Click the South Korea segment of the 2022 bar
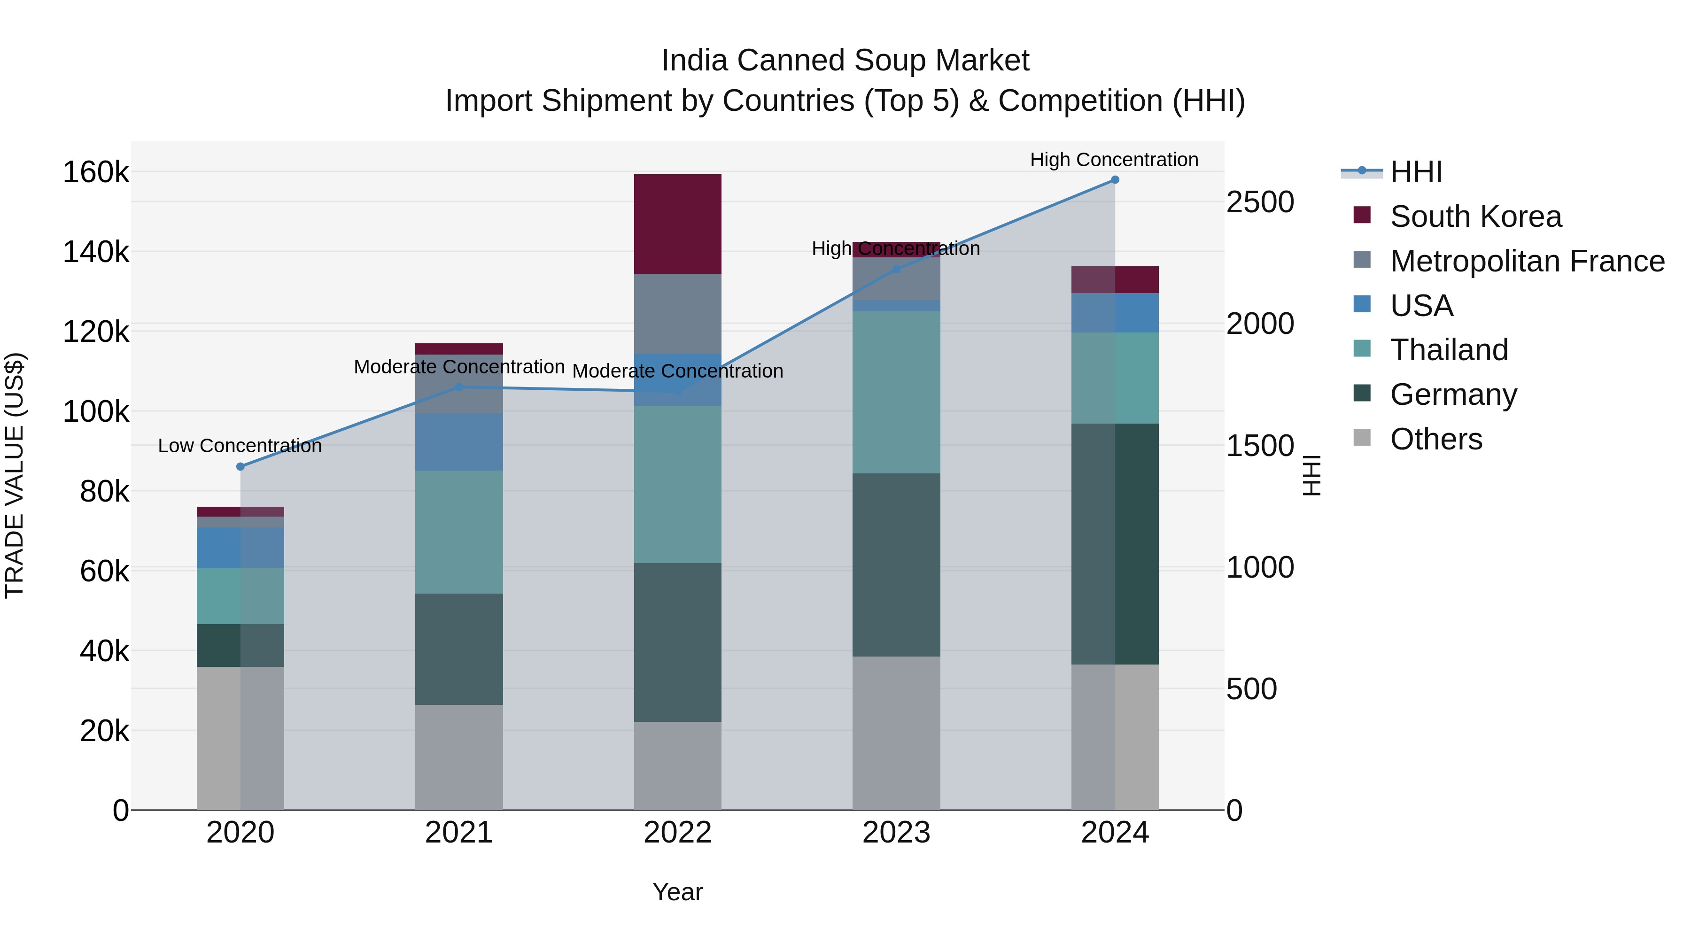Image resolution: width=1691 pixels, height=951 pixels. (677, 224)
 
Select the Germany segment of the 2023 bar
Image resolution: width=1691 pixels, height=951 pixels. (896, 564)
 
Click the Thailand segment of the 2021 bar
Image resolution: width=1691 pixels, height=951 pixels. (459, 532)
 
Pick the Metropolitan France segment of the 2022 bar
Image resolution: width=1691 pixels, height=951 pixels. (677, 313)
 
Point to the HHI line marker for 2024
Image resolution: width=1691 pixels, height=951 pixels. (1115, 180)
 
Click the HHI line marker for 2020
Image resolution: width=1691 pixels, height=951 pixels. (240, 467)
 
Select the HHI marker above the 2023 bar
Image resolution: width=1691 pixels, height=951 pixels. (896, 269)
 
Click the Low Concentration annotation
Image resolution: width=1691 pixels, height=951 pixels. (240, 446)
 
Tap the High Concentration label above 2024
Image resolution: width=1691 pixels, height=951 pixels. (1114, 160)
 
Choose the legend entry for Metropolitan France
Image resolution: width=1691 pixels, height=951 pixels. (1527, 261)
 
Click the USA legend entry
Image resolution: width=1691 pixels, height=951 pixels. (1421, 305)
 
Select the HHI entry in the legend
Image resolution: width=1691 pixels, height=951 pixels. (1416, 171)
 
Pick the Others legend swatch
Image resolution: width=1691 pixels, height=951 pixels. (1362, 438)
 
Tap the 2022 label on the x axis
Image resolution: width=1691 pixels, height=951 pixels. (677, 833)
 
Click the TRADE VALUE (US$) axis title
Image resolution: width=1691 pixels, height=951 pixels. (15, 475)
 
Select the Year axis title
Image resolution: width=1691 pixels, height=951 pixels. (677, 892)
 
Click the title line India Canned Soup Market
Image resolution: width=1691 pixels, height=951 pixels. (845, 61)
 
